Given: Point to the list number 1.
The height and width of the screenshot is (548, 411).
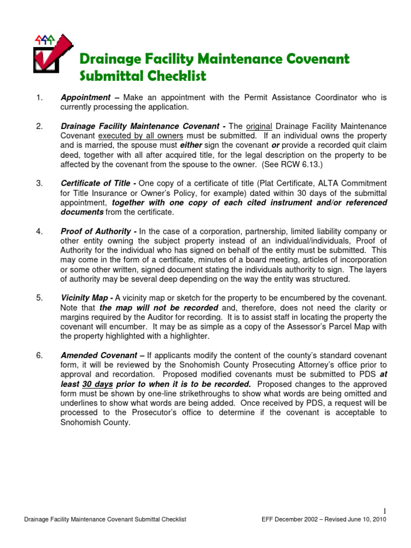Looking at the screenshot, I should [39, 98].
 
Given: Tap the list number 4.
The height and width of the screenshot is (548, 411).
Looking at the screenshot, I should [39, 231].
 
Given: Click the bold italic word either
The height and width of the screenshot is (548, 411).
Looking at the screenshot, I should [192, 146].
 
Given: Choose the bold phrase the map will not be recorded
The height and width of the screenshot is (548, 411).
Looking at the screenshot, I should [159, 307].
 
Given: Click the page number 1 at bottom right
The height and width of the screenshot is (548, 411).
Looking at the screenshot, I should [385, 509].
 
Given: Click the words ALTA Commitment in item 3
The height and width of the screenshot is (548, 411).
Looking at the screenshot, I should [352, 184].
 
